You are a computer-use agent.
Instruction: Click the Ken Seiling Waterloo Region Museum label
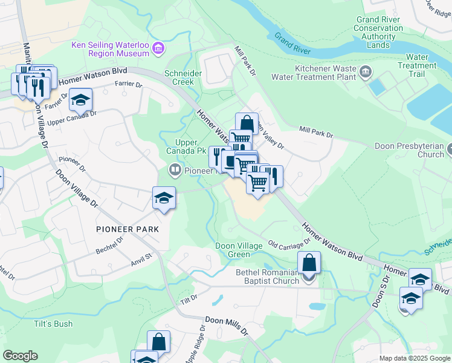110,49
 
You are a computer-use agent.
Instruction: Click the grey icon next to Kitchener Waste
366,73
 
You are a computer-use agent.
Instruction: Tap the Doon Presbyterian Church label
418,151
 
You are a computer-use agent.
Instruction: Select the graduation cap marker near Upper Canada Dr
80,100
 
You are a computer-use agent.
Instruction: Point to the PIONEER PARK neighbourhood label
127,229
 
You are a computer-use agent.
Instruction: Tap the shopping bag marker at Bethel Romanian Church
309,263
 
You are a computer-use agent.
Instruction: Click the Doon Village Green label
239,250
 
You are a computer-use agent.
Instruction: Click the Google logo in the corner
20,356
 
